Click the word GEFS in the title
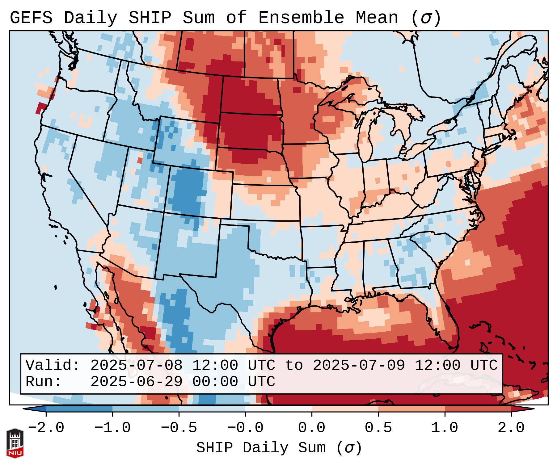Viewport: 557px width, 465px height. [x=31, y=18]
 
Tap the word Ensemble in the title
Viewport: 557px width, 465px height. [x=301, y=18]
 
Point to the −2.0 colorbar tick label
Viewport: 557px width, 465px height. [x=46, y=428]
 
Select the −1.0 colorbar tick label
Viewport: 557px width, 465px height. [x=112, y=428]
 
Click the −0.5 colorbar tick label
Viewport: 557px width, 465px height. [x=179, y=428]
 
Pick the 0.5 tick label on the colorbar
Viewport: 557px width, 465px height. [x=378, y=428]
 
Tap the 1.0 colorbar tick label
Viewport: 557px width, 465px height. [x=445, y=428]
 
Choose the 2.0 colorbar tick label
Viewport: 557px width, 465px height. [x=511, y=428]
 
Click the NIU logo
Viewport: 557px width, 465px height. [x=15, y=443]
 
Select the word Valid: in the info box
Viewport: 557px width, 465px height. [x=53, y=366]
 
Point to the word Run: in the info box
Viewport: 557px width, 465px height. [x=44, y=382]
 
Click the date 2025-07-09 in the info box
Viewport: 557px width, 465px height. [x=359, y=366]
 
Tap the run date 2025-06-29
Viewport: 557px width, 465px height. [x=136, y=382]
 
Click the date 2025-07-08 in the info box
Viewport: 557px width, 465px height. [x=136, y=366]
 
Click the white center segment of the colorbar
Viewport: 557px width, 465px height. [x=278, y=409]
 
